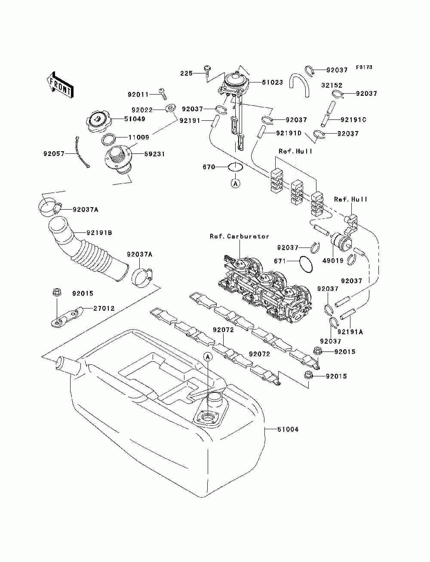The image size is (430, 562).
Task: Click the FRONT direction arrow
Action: (60, 85)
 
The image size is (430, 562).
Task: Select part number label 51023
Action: (272, 82)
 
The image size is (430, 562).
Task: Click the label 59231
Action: (154, 154)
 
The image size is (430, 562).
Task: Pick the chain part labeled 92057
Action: (82, 152)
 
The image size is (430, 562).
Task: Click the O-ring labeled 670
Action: (235, 167)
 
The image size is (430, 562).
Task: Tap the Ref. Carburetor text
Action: (240, 236)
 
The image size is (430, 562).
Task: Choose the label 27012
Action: (104, 308)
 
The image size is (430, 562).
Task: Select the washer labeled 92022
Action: (170, 108)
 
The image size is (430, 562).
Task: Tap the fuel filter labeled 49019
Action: (341, 241)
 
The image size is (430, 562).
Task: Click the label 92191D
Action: (289, 133)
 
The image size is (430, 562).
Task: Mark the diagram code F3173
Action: (364, 67)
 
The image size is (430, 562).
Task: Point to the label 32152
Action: (332, 85)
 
